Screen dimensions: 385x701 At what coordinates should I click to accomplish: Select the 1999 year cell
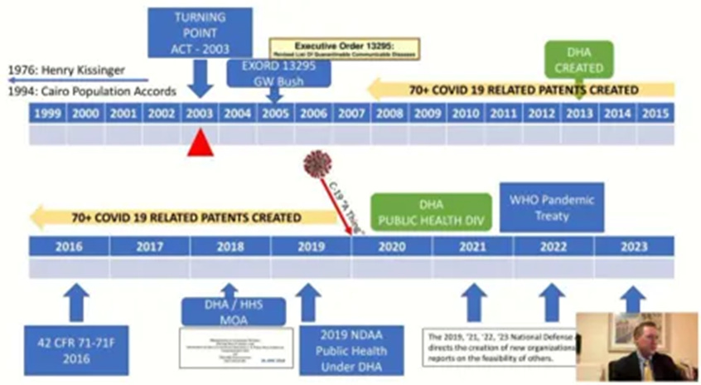coord(48,113)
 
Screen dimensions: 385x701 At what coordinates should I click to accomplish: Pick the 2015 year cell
coord(655,113)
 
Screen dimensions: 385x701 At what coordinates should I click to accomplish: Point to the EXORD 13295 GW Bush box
coord(278,73)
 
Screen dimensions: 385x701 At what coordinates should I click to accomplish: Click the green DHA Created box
coord(580,59)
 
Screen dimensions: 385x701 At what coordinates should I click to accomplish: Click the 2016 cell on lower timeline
coord(70,246)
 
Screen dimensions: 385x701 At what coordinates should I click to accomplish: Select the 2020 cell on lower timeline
coord(391,246)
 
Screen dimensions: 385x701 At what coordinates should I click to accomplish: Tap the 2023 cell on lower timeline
coord(634,246)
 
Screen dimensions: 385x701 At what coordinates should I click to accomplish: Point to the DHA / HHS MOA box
coord(233,312)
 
